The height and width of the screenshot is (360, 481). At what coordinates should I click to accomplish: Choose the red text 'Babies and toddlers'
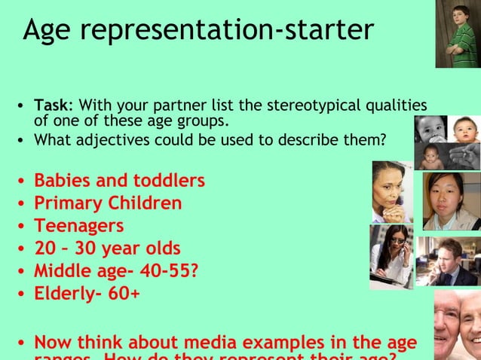pyautogui.click(x=119, y=181)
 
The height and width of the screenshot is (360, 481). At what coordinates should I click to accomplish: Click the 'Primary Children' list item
pyautogui.click(x=108, y=203)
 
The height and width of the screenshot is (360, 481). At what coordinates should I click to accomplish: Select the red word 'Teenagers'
pyautogui.click(x=79, y=225)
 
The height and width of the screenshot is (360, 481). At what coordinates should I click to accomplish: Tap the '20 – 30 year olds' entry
pyautogui.click(x=107, y=248)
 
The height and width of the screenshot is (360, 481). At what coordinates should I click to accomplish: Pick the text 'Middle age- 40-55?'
pyautogui.click(x=116, y=270)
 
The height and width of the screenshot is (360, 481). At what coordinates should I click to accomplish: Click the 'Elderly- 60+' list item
pyautogui.click(x=87, y=293)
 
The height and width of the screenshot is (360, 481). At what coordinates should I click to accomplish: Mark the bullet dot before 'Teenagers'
pyautogui.click(x=23, y=227)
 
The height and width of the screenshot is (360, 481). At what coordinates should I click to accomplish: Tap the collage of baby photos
pyautogui.click(x=447, y=142)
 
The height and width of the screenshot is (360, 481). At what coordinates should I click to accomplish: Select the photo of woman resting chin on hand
pyautogui.click(x=391, y=192)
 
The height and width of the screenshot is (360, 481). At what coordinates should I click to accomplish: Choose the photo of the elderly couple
pyautogui.click(x=458, y=325)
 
